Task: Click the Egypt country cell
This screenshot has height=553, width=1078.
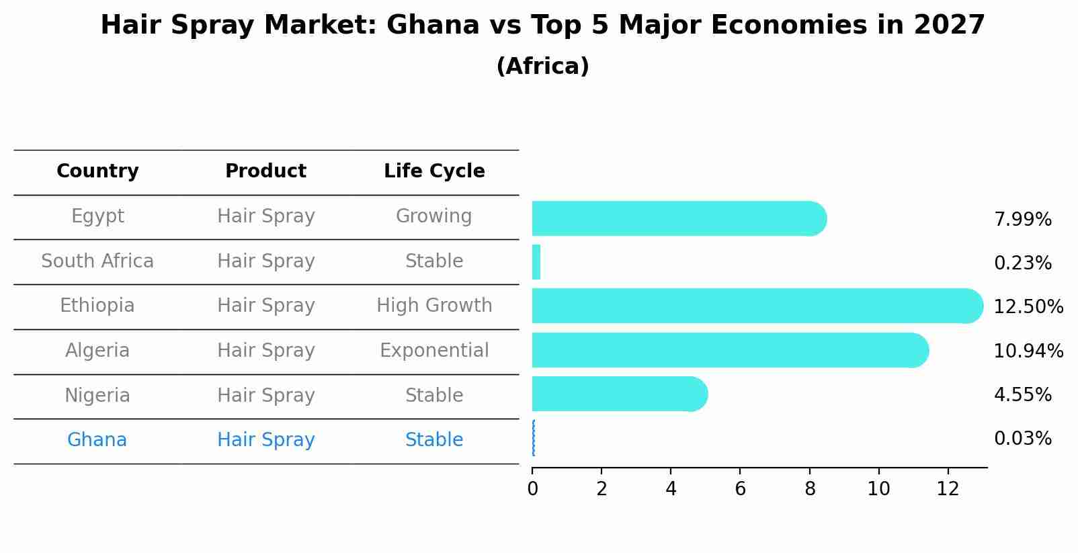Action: [97, 216]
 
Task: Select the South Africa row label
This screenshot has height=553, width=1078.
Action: [97, 261]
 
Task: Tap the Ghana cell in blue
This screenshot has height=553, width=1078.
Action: [97, 440]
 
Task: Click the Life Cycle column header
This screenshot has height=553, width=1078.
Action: [434, 171]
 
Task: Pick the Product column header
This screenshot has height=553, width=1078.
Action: [265, 171]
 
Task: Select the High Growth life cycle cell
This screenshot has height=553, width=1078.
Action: [434, 306]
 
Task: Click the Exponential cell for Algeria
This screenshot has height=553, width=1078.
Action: [434, 351]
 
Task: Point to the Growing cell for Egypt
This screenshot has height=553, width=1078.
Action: [433, 216]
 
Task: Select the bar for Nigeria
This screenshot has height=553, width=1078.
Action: [618, 394]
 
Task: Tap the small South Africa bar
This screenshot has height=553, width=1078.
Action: [536, 262]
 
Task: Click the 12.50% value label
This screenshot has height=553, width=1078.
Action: [1028, 307]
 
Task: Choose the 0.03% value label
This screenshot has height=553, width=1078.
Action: [1022, 439]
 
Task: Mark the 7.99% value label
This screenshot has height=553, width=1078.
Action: [1022, 220]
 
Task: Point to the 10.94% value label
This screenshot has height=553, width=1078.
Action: [1028, 351]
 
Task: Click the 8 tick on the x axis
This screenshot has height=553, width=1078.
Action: [810, 489]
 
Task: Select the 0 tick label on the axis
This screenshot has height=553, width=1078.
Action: [532, 489]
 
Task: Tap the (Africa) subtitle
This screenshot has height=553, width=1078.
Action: [542, 67]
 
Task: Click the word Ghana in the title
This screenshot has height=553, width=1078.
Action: [433, 26]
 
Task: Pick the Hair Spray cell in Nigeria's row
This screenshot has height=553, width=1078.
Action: [265, 395]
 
